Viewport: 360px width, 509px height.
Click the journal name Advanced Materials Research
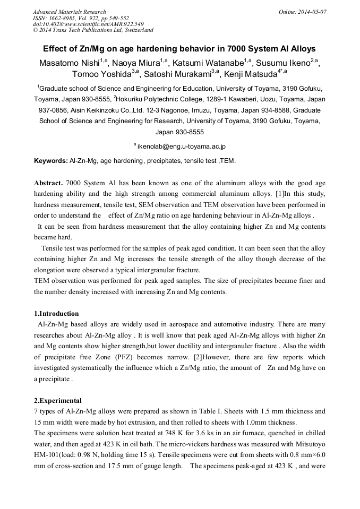[x=70, y=12]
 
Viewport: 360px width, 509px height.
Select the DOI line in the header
[x=88, y=24]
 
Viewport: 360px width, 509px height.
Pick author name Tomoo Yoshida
[x=101, y=74]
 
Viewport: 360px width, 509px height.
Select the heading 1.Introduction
[x=56, y=314]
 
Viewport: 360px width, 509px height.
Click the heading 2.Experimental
[x=58, y=400]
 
